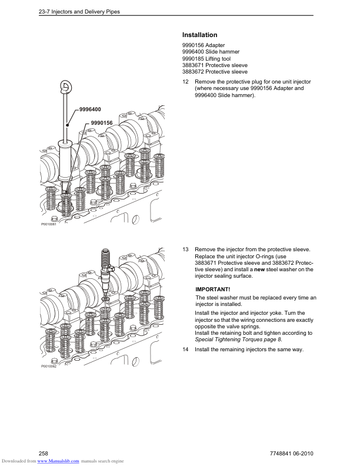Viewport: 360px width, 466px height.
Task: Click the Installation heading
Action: click(x=199, y=35)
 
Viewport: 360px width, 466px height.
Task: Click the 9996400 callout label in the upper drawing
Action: click(x=90, y=109)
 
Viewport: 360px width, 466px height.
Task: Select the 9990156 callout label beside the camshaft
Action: click(x=102, y=123)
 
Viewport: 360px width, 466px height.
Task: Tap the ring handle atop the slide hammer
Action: click(x=65, y=86)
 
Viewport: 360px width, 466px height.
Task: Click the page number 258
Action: click(x=44, y=454)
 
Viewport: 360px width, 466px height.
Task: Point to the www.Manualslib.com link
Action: click(x=58, y=461)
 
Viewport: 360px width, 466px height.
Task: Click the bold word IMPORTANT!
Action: click(x=213, y=289)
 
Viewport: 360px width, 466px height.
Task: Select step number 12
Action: click(x=185, y=82)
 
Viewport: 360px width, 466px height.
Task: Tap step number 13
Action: click(x=185, y=249)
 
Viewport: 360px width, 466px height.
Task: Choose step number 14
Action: click(x=185, y=349)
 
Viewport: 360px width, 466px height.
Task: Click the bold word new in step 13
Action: click(x=259, y=269)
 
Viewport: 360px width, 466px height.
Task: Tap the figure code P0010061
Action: click(x=48, y=224)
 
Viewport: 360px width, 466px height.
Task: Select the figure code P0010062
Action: click(x=48, y=366)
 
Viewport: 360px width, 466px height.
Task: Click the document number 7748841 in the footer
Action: click(x=281, y=454)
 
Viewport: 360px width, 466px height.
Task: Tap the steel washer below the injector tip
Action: click(x=105, y=298)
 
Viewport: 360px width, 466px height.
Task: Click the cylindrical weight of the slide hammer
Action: click(x=65, y=161)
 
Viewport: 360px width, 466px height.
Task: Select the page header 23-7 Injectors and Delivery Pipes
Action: click(x=79, y=12)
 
